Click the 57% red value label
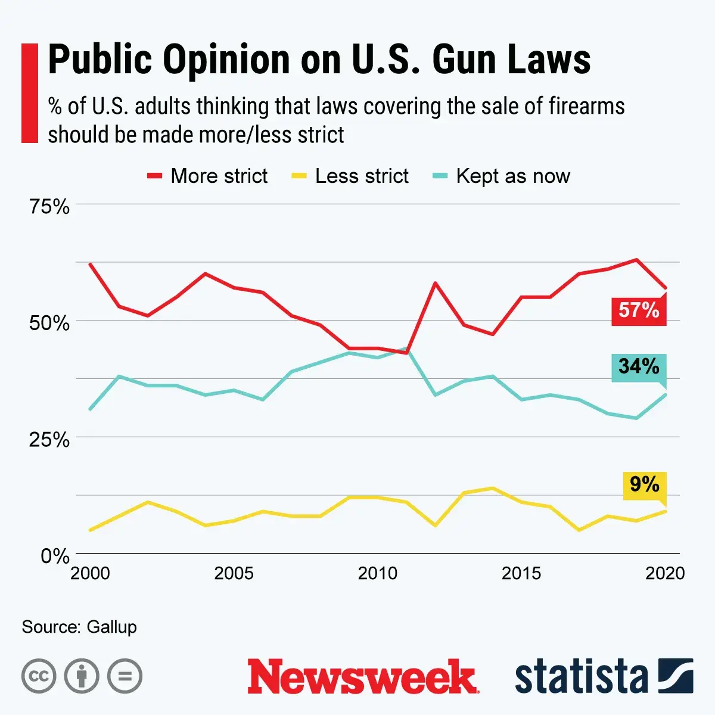coord(639,310)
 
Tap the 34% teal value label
coord(639,366)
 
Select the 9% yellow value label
coord(644,484)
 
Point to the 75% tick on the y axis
coord(49,207)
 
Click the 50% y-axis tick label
coord(49,323)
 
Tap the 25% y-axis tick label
coord(49,440)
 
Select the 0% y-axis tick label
coord(55,556)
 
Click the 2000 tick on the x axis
coord(90,573)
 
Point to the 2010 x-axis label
coord(377,573)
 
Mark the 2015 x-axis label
coord(521,573)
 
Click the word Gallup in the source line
coord(111,627)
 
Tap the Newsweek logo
coord(363,676)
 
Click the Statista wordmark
coord(581,677)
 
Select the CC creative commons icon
coord(39,676)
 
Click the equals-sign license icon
coord(125,676)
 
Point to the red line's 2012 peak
coord(436,282)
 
